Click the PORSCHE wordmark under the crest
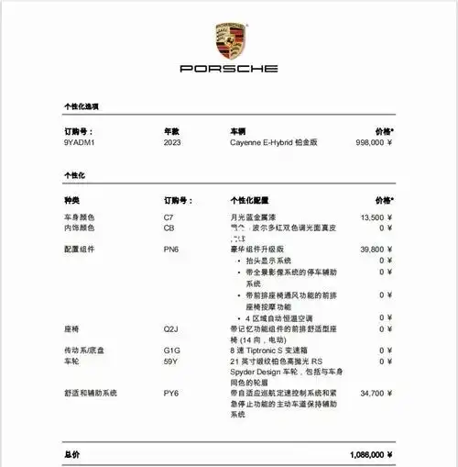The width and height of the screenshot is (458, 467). tap(228, 69)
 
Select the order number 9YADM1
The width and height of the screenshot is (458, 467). tap(79, 143)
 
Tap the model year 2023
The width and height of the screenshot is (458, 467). tap(172, 143)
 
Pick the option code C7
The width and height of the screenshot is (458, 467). tap(169, 217)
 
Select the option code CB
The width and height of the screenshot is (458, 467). tap(169, 227)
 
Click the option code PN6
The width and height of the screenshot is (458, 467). tap(170, 249)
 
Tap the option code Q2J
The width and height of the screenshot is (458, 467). tap(170, 328)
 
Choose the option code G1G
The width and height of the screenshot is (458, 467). tap(171, 350)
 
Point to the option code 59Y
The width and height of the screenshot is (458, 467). tap(170, 361)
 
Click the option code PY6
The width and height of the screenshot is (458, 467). tap(170, 393)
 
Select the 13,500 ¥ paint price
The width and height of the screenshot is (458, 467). tap(376, 217)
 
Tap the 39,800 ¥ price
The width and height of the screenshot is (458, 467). tap(376, 249)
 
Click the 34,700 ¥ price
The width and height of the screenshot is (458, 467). tap(376, 393)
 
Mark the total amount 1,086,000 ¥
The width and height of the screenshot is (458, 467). tap(371, 454)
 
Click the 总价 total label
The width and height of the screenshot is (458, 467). tap(71, 454)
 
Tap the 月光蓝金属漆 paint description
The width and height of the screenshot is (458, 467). tap(256, 217)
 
